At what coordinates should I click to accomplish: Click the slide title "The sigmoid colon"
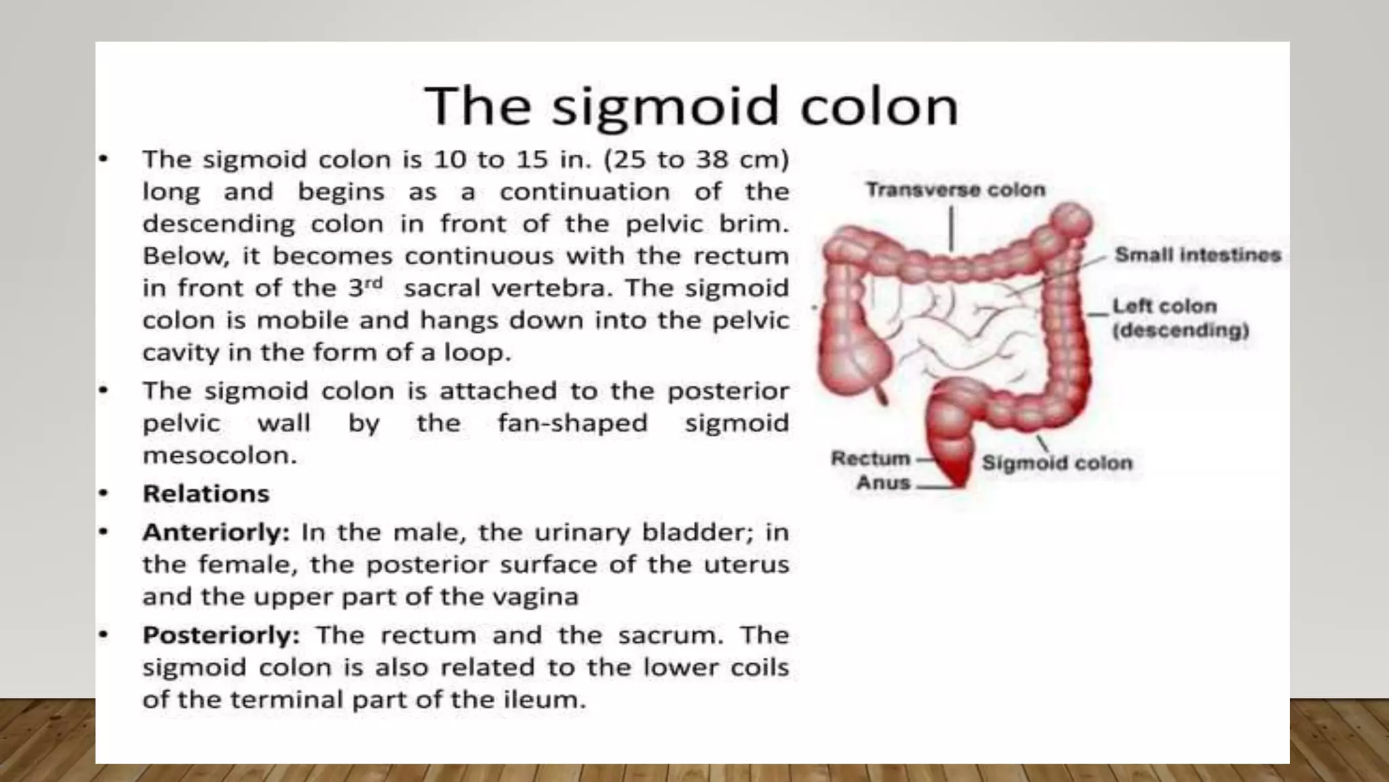691,107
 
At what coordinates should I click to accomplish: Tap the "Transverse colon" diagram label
956,190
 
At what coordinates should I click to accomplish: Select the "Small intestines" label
1198,255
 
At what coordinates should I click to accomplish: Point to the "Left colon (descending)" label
1180,318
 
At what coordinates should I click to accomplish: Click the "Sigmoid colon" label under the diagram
1057,464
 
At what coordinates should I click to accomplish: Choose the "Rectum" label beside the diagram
871,459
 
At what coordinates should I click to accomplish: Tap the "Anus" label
883,483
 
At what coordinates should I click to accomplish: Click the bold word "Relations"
206,494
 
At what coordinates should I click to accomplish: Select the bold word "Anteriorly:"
216,532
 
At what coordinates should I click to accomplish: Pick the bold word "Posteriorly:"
221,635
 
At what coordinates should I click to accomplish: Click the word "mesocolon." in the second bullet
220,455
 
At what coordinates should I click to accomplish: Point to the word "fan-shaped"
573,424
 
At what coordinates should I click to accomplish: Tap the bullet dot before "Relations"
103,494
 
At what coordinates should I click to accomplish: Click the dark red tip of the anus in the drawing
958,479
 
